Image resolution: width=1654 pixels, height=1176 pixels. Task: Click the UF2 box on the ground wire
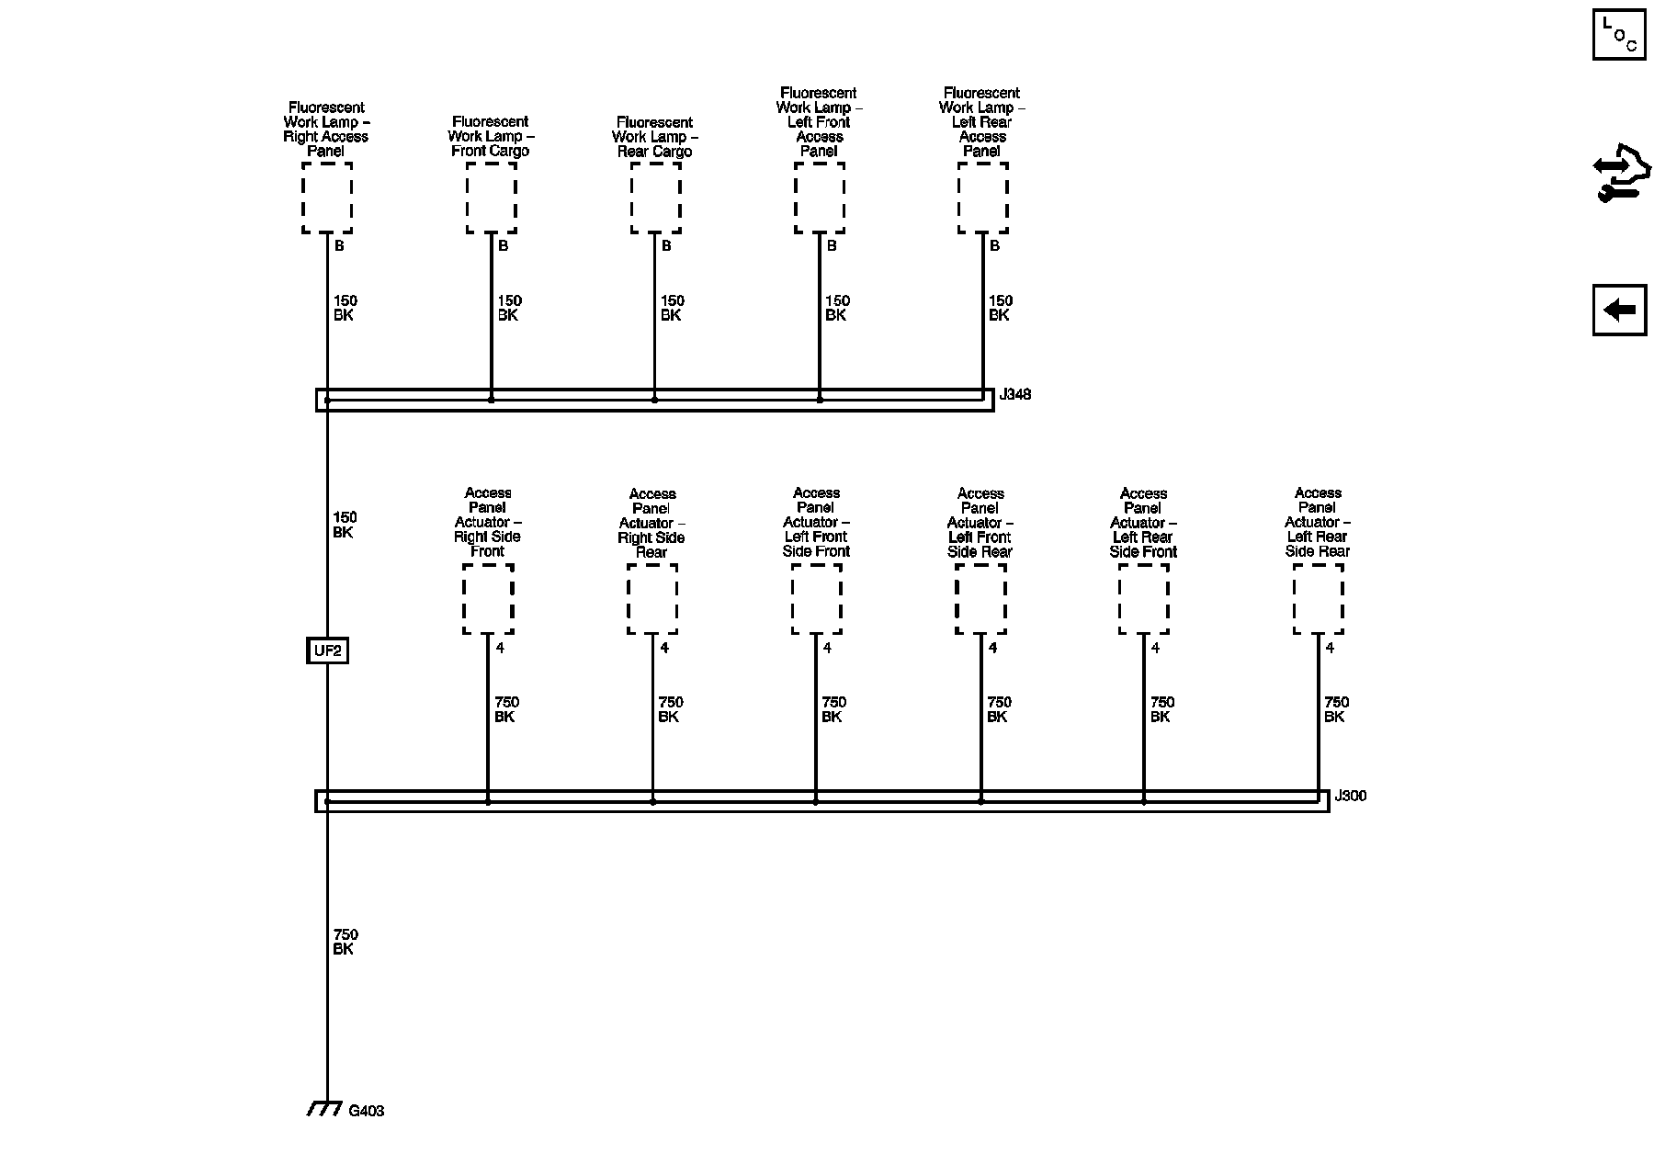pyautogui.click(x=327, y=651)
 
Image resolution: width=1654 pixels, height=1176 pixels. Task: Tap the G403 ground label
pyautogui.click(x=367, y=1111)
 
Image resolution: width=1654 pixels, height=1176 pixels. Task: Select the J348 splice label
pyautogui.click(x=1015, y=394)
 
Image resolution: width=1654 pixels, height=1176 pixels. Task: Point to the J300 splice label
pyautogui.click(x=1350, y=796)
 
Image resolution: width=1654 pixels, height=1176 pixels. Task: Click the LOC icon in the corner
pyautogui.click(x=1619, y=34)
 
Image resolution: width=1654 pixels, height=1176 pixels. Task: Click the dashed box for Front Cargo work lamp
pyautogui.click(x=491, y=198)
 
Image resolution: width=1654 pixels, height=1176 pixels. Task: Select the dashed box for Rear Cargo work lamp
pyautogui.click(x=655, y=198)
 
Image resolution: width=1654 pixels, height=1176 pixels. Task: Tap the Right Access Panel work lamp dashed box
pyautogui.click(x=327, y=198)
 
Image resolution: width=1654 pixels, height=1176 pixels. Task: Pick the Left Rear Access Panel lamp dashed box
pyautogui.click(x=982, y=198)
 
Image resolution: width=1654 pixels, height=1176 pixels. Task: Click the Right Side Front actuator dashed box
pyautogui.click(x=488, y=599)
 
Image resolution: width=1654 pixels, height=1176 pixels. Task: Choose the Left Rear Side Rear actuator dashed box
pyautogui.click(x=1318, y=599)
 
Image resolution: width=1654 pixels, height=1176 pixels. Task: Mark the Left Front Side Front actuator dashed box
pyautogui.click(x=816, y=599)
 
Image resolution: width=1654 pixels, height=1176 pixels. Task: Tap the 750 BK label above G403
pyautogui.click(x=345, y=942)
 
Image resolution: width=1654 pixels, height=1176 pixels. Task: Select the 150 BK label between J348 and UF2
pyautogui.click(x=345, y=525)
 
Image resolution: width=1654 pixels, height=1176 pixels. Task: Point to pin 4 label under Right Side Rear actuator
pyautogui.click(x=664, y=648)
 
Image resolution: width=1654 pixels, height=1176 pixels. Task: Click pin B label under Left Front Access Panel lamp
pyautogui.click(x=832, y=246)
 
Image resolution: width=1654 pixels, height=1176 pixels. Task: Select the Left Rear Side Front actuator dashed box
pyautogui.click(x=1143, y=599)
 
